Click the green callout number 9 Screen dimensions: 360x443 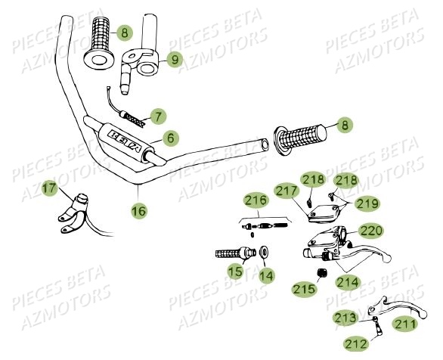(174, 58)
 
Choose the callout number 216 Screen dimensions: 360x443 (256, 200)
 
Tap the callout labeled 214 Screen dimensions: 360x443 (349, 281)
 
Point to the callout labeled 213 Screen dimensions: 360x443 (347, 318)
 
